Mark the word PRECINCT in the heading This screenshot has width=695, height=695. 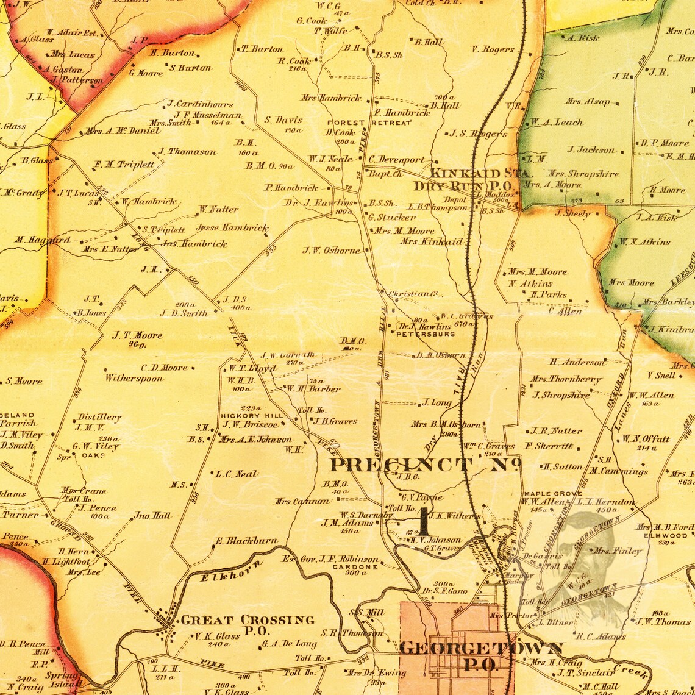tap(400, 465)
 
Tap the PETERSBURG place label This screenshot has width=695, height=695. tap(426, 334)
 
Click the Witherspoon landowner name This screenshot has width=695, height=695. tap(134, 378)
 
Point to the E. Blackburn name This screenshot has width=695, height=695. tap(246, 541)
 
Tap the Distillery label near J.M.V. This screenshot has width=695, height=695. tap(99, 418)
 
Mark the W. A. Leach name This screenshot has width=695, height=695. tap(556, 122)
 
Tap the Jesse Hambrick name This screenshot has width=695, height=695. tap(232, 227)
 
